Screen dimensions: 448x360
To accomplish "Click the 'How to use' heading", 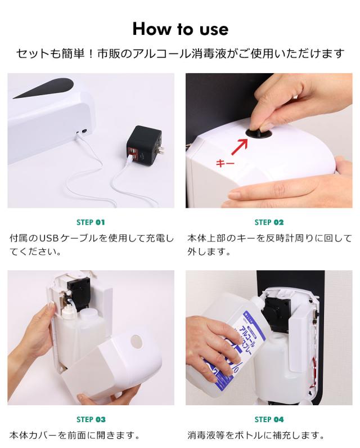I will (x=180, y=28).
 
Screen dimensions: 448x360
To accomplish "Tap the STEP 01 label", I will (x=91, y=222).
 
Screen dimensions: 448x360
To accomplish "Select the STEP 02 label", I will (x=269, y=222).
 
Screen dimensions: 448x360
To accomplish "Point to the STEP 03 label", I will (x=91, y=419).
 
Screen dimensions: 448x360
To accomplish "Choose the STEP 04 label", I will (x=269, y=419).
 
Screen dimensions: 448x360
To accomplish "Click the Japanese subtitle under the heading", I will (x=180, y=54).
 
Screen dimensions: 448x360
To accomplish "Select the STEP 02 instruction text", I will (x=269, y=245).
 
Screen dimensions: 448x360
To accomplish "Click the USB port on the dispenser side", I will (x=83, y=131).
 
